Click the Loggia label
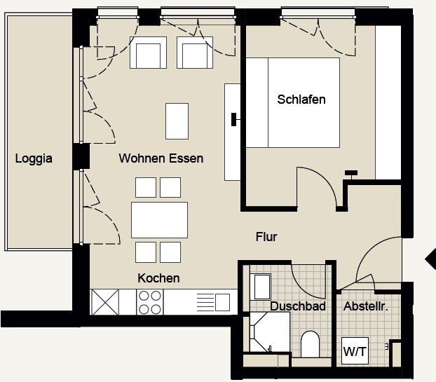click(x=34, y=158)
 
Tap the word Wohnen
click(x=142, y=158)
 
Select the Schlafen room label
click(x=301, y=100)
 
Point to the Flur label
click(x=266, y=237)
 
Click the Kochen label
click(x=158, y=278)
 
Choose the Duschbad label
click(x=298, y=306)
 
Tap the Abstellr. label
click(x=366, y=306)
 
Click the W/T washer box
click(x=355, y=351)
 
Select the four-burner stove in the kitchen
click(x=150, y=302)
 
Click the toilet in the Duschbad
click(x=310, y=344)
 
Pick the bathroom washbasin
click(x=260, y=287)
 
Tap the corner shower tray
click(x=270, y=332)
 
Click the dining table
click(x=159, y=220)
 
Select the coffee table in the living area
click(x=177, y=121)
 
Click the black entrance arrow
click(x=430, y=259)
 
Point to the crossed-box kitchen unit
click(x=105, y=302)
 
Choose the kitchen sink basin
click(x=222, y=302)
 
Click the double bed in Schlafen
click(x=293, y=102)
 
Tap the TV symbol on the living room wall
click(x=234, y=120)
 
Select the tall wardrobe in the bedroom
click(x=388, y=102)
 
